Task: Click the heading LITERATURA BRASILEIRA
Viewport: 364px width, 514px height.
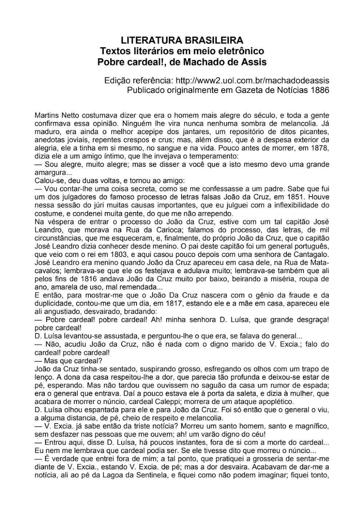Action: coord(182,40)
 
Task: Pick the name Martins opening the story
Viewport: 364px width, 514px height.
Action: coord(47,116)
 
